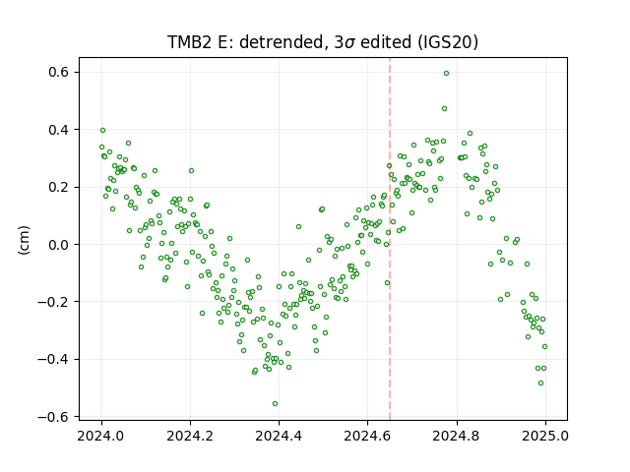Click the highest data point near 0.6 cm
446,74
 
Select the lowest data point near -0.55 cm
276,404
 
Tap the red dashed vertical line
390,239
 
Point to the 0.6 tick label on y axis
59,72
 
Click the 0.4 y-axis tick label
59,130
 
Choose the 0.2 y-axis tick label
59,187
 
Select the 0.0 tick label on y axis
59,245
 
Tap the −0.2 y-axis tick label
53,302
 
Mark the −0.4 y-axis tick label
53,359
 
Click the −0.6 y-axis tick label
53,417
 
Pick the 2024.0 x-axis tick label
101,436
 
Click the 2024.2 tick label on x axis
190,436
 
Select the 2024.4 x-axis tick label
279,436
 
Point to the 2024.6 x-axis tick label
367,436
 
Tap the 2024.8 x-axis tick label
457,436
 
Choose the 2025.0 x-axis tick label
545,436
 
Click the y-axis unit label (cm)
24,240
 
